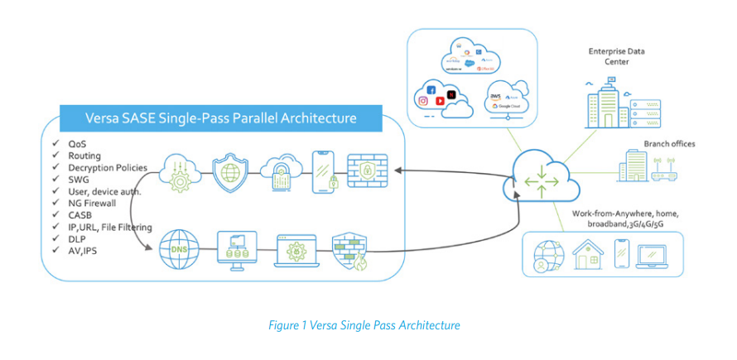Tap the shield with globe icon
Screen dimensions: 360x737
(230, 172)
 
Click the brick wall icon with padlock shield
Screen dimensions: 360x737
(367, 171)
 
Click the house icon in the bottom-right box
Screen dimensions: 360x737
(591, 252)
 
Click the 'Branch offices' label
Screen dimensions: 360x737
(669, 143)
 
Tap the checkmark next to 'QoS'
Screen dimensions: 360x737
(54, 144)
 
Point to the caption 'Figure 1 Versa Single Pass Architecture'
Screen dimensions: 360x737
(364, 325)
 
